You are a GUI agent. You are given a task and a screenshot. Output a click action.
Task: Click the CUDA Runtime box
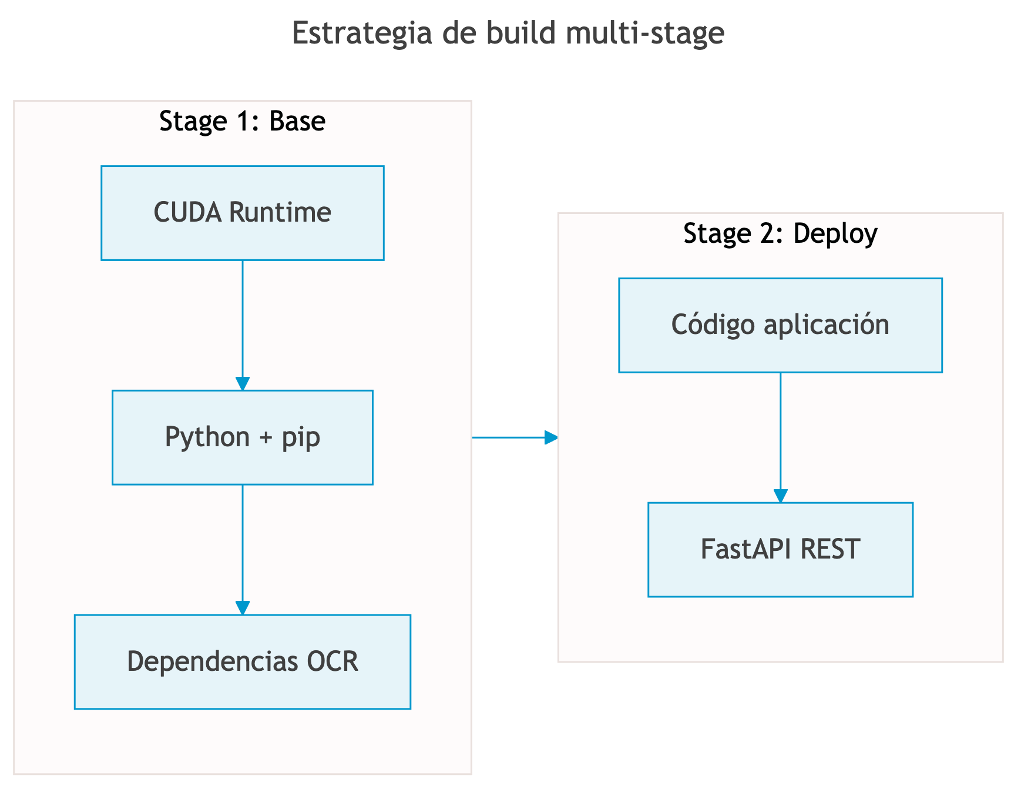point(242,213)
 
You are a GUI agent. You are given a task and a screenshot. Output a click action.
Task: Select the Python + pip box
point(242,437)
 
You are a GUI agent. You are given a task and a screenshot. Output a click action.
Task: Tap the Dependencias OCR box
point(242,662)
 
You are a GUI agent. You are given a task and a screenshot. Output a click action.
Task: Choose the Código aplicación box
point(780,325)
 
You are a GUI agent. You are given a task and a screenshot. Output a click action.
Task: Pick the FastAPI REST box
point(780,550)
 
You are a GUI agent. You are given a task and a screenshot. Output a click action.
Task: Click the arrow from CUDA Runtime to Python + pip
point(243,323)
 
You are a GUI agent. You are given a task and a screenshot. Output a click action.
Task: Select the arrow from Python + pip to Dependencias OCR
point(243,548)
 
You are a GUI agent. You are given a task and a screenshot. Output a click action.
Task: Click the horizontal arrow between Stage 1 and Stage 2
point(514,437)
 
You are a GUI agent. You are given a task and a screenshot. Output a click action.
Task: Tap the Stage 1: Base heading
point(242,122)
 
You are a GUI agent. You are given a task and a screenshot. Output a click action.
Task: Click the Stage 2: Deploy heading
point(780,234)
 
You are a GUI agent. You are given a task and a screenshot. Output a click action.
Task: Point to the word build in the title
point(520,33)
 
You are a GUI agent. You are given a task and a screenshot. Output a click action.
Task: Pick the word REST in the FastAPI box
point(829,550)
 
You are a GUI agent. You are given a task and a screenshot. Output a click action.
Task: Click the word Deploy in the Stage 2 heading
point(835,234)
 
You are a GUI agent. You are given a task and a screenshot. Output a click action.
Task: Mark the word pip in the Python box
point(301,437)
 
